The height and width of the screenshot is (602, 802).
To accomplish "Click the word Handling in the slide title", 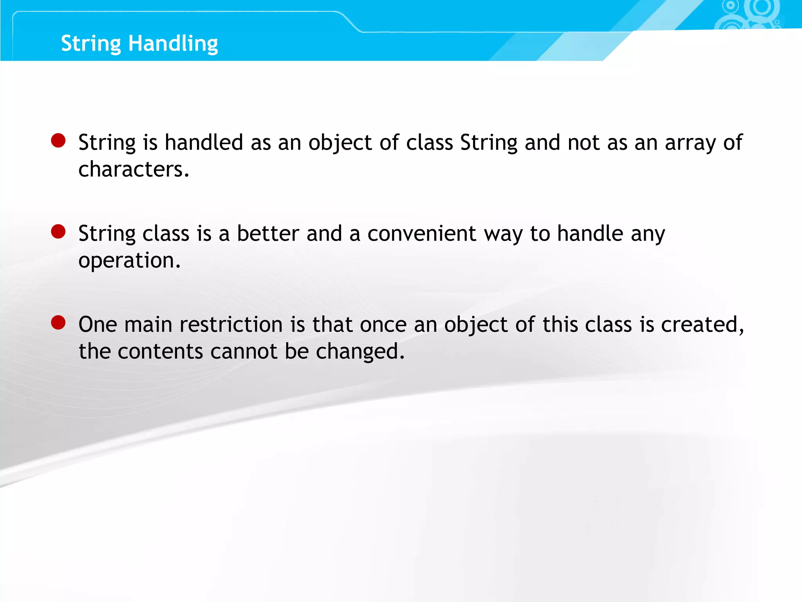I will pos(173,44).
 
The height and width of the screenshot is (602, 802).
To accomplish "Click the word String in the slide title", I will pos(91,44).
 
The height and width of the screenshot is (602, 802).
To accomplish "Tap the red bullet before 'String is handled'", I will pos(58,141).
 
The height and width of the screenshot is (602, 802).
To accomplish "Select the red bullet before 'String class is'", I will pos(58,232).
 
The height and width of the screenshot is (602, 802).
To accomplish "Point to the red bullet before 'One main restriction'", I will pos(58,323).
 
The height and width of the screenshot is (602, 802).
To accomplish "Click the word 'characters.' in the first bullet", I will pos(134,169).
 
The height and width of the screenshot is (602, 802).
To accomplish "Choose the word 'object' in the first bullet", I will pos(340,143).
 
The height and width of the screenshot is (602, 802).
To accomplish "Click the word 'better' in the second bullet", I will pos(268,234).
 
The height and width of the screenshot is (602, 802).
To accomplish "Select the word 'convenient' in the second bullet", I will pos(422,234).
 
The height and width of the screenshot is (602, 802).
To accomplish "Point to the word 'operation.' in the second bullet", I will pos(129,261).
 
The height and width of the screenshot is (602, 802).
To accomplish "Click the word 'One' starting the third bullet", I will pos(98,325).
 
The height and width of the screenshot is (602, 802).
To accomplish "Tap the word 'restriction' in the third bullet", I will pos(231,325).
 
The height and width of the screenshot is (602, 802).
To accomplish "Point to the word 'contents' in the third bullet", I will pos(160,351).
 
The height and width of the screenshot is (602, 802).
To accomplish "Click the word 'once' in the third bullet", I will pos(383,325).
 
